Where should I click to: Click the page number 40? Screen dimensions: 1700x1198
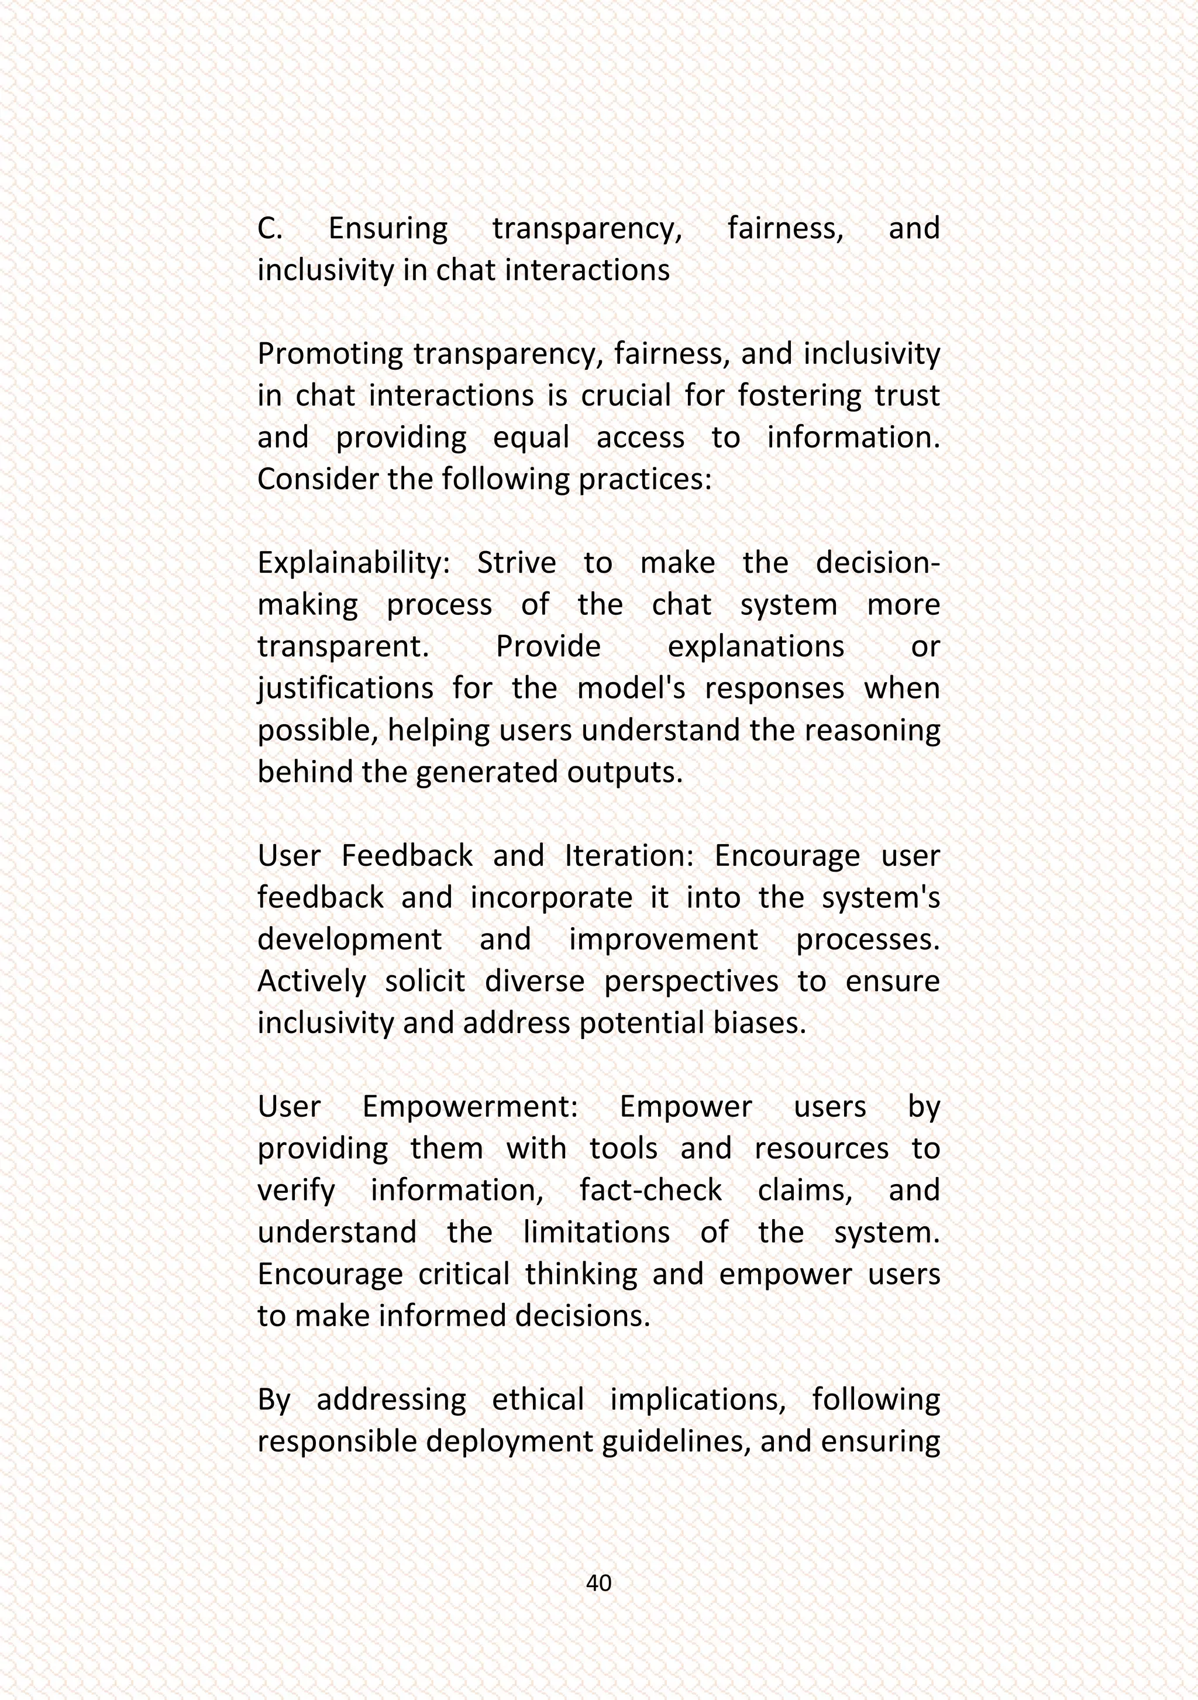point(598,1583)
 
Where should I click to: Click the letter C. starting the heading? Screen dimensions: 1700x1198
point(270,228)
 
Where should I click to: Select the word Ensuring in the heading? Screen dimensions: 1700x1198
point(388,228)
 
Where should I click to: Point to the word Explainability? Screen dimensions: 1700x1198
point(353,563)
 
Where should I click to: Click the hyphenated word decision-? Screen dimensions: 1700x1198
point(877,563)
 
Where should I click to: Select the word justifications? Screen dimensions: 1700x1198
point(345,689)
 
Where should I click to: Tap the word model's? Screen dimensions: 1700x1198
point(631,689)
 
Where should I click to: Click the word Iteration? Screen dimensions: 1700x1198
point(629,856)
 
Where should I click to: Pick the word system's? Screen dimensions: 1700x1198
point(880,897)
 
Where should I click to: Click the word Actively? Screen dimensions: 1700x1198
point(311,982)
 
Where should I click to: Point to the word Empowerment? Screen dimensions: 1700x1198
point(469,1107)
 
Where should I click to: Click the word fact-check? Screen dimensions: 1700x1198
point(650,1190)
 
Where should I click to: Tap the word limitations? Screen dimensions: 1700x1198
point(596,1233)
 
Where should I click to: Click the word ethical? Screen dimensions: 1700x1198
point(538,1400)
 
